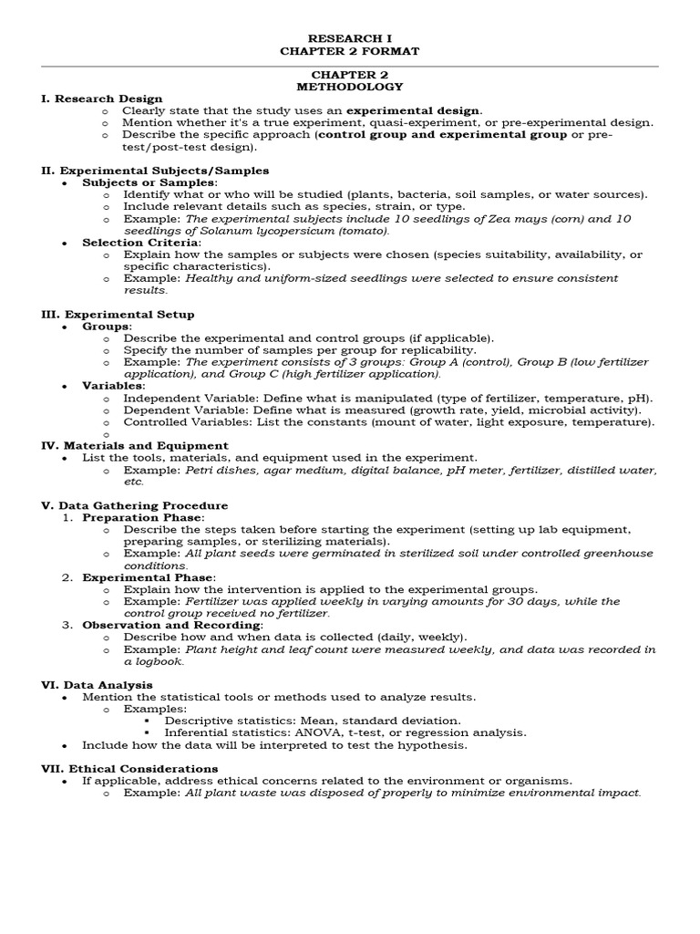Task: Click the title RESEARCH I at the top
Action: click(x=349, y=39)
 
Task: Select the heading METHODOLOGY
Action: click(x=349, y=87)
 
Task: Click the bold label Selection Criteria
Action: click(x=140, y=243)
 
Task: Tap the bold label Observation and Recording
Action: click(x=172, y=625)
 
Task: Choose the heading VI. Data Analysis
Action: click(x=98, y=685)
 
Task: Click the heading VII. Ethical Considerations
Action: click(x=129, y=769)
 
